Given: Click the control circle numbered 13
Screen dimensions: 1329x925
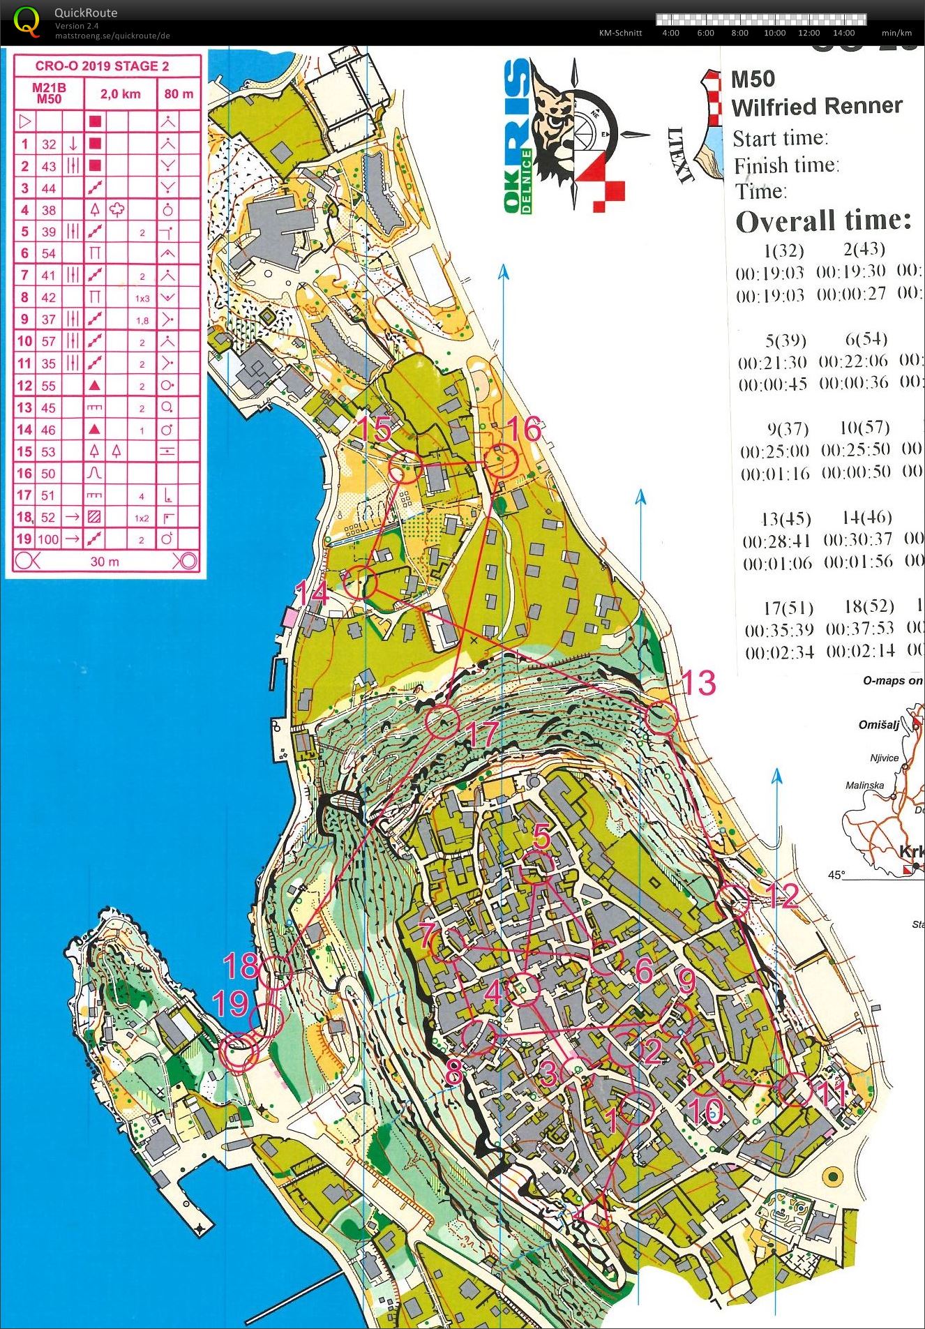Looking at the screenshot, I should click(660, 719).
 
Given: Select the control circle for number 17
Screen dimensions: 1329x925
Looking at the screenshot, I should click(442, 721).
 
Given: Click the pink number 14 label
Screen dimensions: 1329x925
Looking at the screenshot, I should click(312, 594).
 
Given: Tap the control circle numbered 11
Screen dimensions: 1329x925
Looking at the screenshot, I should click(795, 1090).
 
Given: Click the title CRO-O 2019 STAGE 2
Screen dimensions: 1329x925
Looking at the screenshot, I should click(102, 66).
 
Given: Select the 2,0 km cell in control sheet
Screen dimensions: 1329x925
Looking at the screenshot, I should click(120, 94).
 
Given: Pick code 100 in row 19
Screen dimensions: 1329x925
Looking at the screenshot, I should click(48, 539).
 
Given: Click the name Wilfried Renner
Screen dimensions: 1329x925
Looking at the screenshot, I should click(816, 107).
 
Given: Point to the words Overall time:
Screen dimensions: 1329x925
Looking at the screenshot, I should click(823, 221).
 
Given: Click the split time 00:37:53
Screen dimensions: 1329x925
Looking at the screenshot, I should click(859, 629).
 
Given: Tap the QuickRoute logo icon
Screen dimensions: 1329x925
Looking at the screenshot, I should click(27, 21).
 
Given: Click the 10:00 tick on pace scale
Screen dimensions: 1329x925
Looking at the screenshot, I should click(774, 33).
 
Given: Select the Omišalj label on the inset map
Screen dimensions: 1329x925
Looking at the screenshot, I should click(878, 725).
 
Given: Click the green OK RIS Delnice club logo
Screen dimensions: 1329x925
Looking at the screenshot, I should click(518, 136).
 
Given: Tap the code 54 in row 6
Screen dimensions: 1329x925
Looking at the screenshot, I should click(48, 253).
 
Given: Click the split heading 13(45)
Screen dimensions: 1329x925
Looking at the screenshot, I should click(785, 519).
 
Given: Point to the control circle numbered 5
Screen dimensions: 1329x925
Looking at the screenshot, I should click(537, 866).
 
